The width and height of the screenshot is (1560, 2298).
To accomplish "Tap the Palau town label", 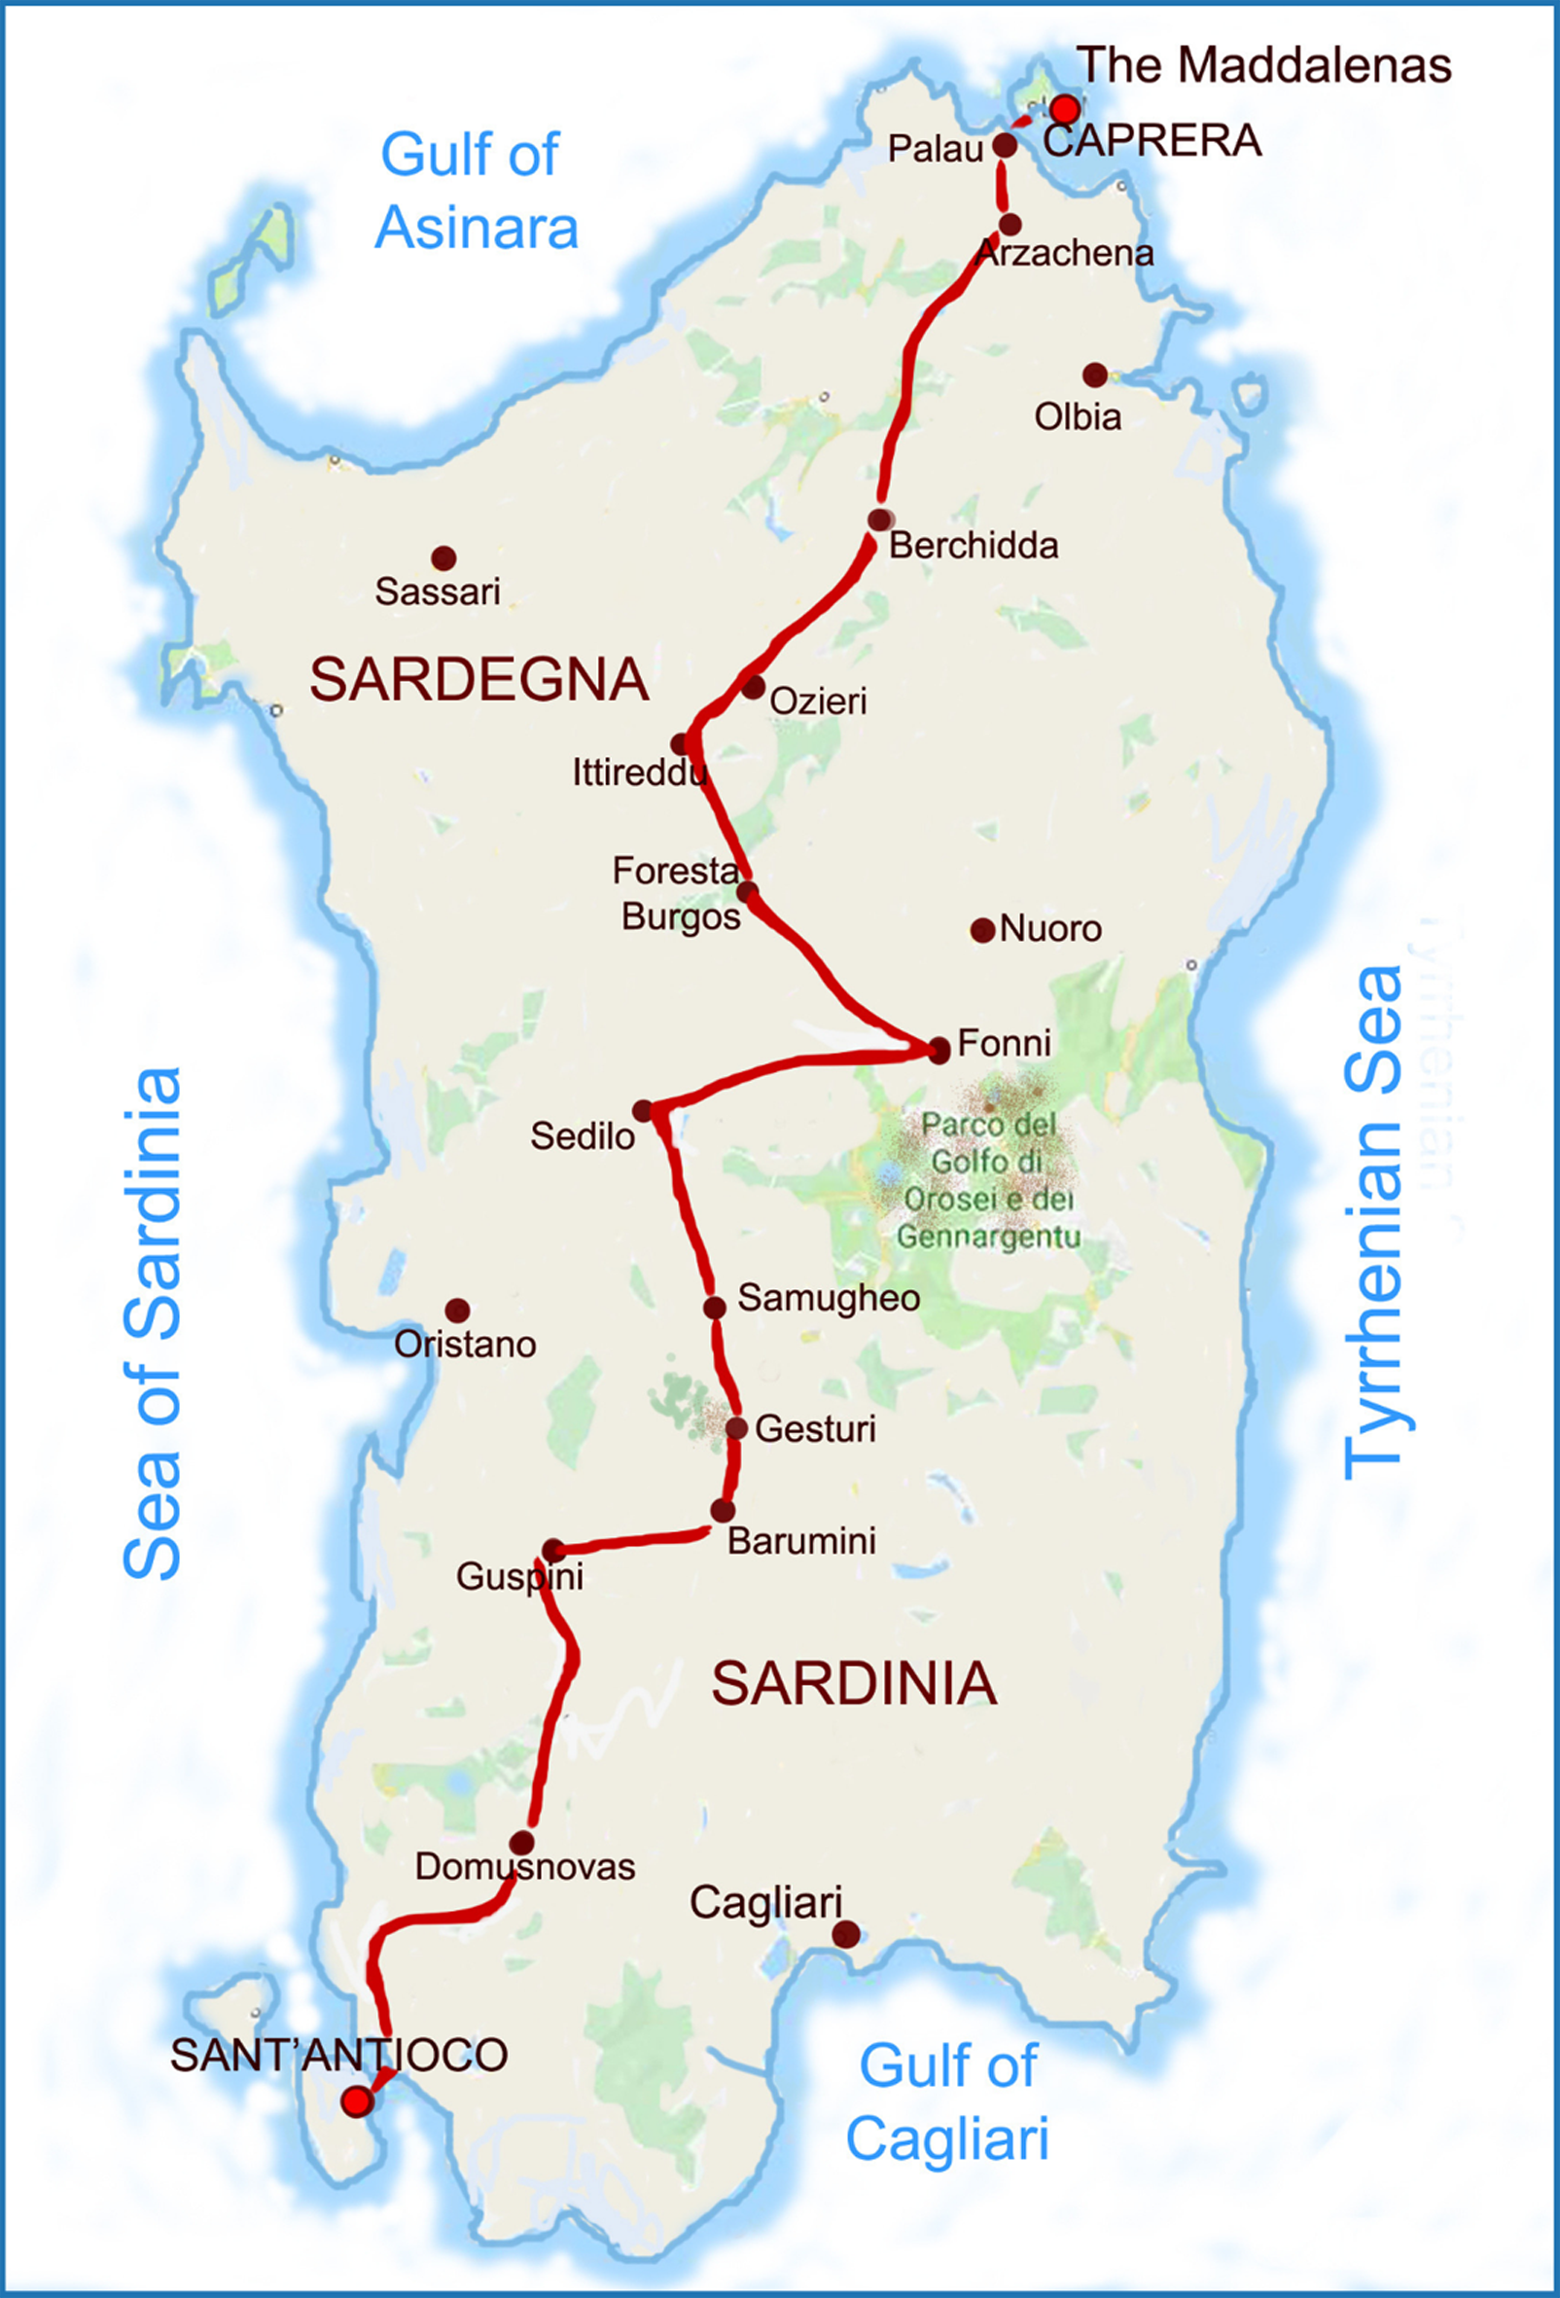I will pyautogui.click(x=935, y=149).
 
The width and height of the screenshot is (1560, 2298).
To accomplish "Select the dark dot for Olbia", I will pyautogui.click(x=1094, y=375).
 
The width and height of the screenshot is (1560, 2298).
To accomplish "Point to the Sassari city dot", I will pyautogui.click(x=443, y=557).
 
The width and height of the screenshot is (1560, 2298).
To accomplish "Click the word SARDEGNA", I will pyautogui.click(x=479, y=680).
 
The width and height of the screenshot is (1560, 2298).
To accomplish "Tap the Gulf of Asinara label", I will pyautogui.click(x=475, y=191).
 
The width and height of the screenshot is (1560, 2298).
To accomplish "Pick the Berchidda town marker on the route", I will pyautogui.click(x=880, y=520).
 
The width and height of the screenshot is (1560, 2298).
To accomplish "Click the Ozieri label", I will pyautogui.click(x=818, y=701).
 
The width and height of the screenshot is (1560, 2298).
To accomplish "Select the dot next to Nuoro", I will pyautogui.click(x=981, y=930).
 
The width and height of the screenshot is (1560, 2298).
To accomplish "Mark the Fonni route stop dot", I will pyautogui.click(x=939, y=1049).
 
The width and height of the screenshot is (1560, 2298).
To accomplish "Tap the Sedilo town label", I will pyautogui.click(x=582, y=1136).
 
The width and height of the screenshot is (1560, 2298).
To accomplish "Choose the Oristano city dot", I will pyautogui.click(x=457, y=1311).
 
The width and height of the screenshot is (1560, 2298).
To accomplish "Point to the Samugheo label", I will pyautogui.click(x=829, y=1298).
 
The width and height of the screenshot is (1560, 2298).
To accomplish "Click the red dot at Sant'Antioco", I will pyautogui.click(x=356, y=2101).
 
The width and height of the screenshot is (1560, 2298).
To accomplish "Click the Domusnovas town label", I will pyautogui.click(x=524, y=1867).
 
